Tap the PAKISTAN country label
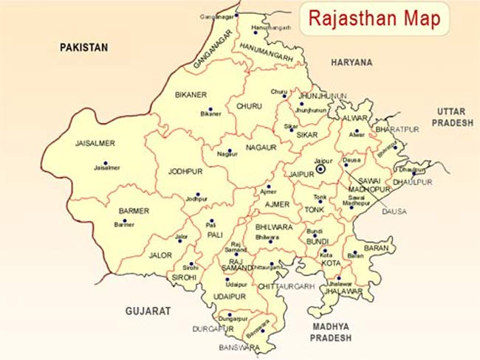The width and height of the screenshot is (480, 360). [x=83, y=47]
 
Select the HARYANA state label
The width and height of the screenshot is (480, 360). [x=352, y=63]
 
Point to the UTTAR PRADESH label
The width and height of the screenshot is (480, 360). [x=453, y=117]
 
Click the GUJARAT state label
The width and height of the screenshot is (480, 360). [x=148, y=311]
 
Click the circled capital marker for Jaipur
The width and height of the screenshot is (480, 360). [x=320, y=169]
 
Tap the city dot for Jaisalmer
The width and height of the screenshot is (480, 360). [x=105, y=163]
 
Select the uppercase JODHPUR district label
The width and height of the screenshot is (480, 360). [x=185, y=172]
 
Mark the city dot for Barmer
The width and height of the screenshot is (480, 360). [x=125, y=220]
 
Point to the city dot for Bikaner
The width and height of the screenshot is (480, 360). [x=210, y=109]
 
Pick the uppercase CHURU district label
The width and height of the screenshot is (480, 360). [x=249, y=106]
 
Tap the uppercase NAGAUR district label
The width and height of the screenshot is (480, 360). [x=261, y=148]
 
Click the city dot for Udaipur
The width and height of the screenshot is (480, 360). [x=227, y=280]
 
